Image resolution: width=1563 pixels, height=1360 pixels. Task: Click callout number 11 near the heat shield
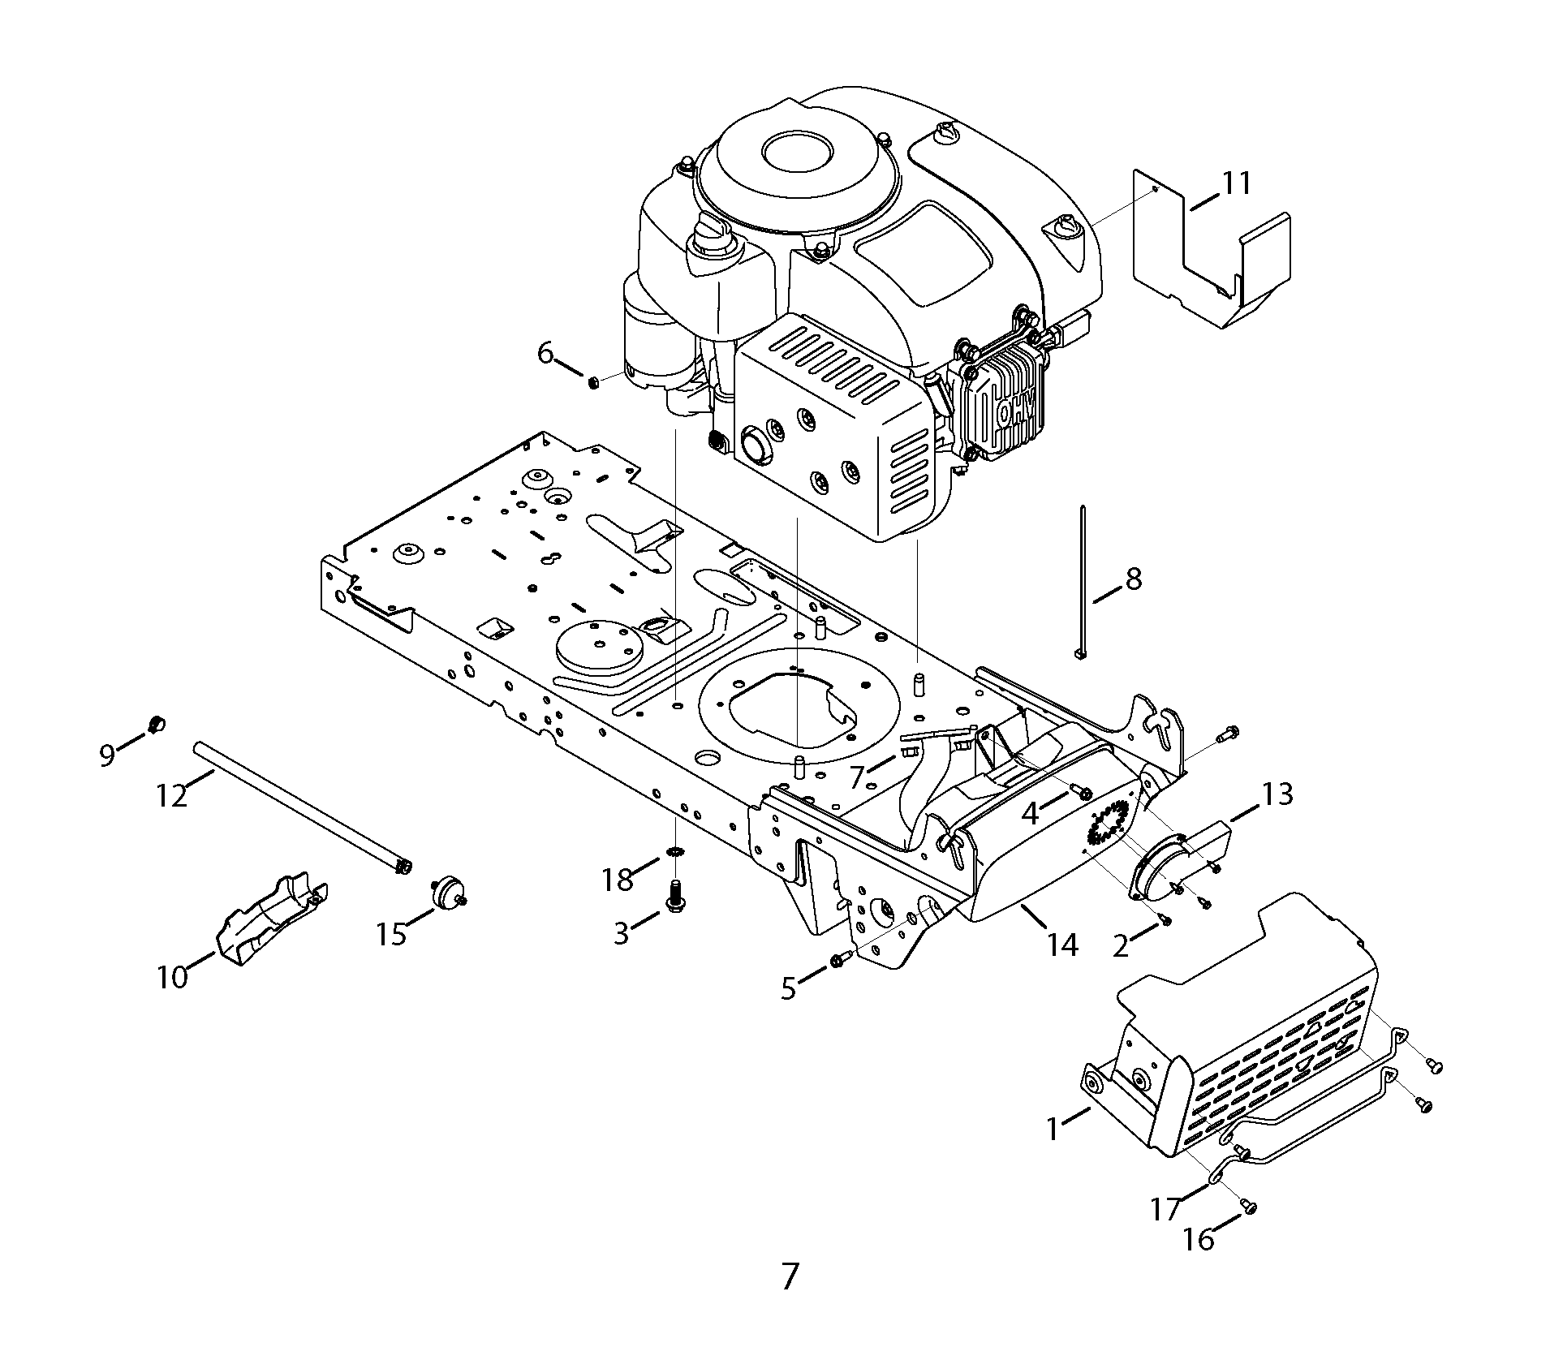tap(1237, 183)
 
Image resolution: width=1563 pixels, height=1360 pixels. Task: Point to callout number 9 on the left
tap(107, 755)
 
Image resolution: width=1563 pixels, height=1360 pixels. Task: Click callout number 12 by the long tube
tap(172, 796)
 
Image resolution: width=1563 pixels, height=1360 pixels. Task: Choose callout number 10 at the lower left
tap(172, 977)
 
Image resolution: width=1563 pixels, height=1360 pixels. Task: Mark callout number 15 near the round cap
tap(391, 935)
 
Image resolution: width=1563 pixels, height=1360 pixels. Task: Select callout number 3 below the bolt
tap(621, 934)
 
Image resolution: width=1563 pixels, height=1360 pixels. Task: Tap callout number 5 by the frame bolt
tap(789, 988)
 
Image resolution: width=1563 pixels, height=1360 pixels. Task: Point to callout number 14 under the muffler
tap(1062, 945)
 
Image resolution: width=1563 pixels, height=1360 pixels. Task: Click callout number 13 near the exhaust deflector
tap(1277, 794)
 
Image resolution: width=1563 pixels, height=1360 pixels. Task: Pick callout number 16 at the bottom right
tap(1199, 1239)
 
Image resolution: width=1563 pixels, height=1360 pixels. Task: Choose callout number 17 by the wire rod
tap(1165, 1210)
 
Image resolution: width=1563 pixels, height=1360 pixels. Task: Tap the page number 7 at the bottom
tap(790, 1299)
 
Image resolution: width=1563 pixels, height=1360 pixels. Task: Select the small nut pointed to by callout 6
tap(592, 381)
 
